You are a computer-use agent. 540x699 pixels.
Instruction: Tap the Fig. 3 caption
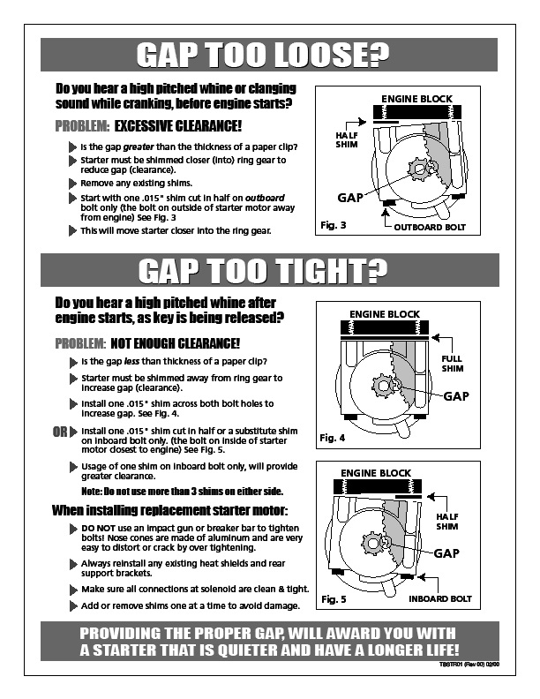(x=334, y=227)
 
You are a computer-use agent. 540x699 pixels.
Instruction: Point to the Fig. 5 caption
(x=334, y=599)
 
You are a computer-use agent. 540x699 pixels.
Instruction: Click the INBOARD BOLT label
(x=439, y=599)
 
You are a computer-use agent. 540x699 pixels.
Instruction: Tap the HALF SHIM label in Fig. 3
(x=347, y=139)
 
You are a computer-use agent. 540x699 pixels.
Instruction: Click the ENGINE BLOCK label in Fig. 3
(x=416, y=98)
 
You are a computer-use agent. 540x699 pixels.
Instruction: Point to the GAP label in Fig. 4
(x=455, y=396)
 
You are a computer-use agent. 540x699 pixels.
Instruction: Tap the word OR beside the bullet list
(x=59, y=432)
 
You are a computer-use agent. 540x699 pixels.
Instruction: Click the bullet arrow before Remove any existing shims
(x=72, y=184)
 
